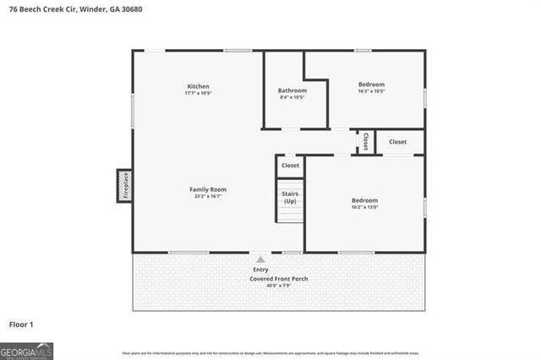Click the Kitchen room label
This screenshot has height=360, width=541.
[x=198, y=86]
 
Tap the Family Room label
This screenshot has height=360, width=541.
[x=207, y=189]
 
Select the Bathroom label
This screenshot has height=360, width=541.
[x=292, y=90]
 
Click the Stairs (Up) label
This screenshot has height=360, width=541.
[x=290, y=198]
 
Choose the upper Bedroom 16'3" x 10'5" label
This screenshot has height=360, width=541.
[x=371, y=85]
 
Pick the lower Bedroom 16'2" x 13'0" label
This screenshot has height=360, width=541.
[x=364, y=200]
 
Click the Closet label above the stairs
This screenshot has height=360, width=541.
[x=290, y=166]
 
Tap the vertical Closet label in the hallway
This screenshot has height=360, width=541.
[x=365, y=142]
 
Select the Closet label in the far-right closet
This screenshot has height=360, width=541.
[x=397, y=142]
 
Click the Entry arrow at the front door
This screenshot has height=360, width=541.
[x=260, y=260]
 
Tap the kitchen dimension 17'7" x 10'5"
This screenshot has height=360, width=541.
[x=198, y=94]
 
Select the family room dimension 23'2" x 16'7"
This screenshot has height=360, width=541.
[x=207, y=196]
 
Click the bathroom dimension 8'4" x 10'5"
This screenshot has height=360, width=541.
[x=292, y=97]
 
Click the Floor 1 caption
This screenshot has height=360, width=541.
[x=21, y=324]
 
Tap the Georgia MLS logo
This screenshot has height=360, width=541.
[x=27, y=350]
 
